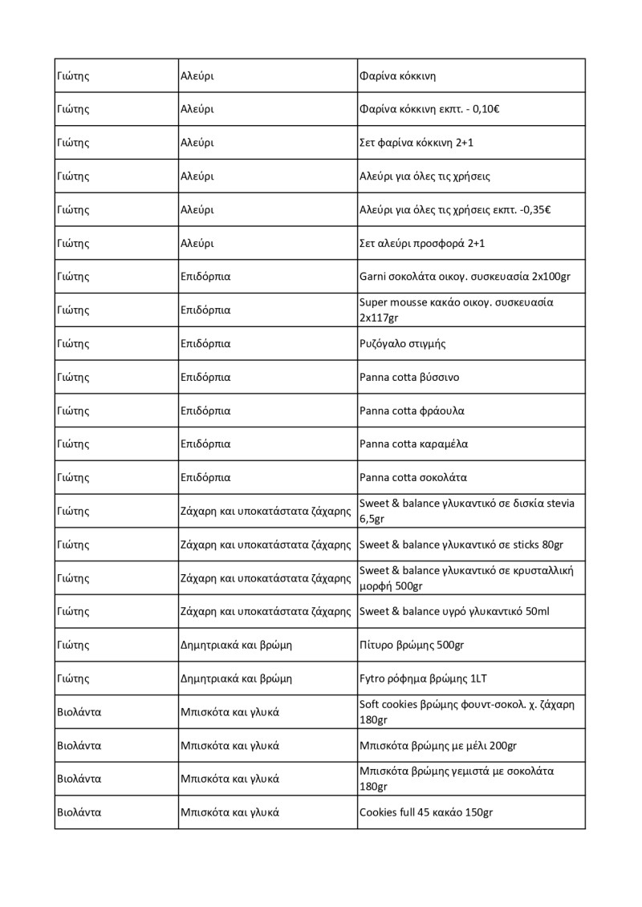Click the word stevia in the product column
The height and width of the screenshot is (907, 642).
[559, 503]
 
